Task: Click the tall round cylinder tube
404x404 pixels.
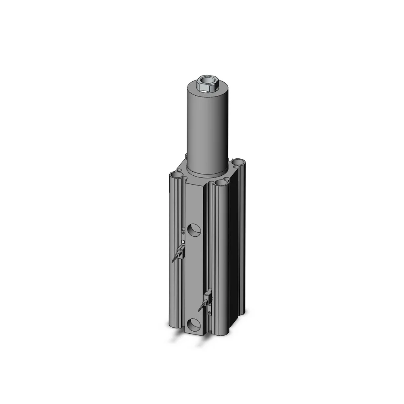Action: pos(207,129)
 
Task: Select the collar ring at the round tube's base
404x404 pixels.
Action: pos(207,172)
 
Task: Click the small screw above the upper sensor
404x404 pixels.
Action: pos(183,232)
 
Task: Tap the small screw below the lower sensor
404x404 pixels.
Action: pos(209,312)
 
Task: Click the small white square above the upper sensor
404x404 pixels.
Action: pos(183,242)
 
